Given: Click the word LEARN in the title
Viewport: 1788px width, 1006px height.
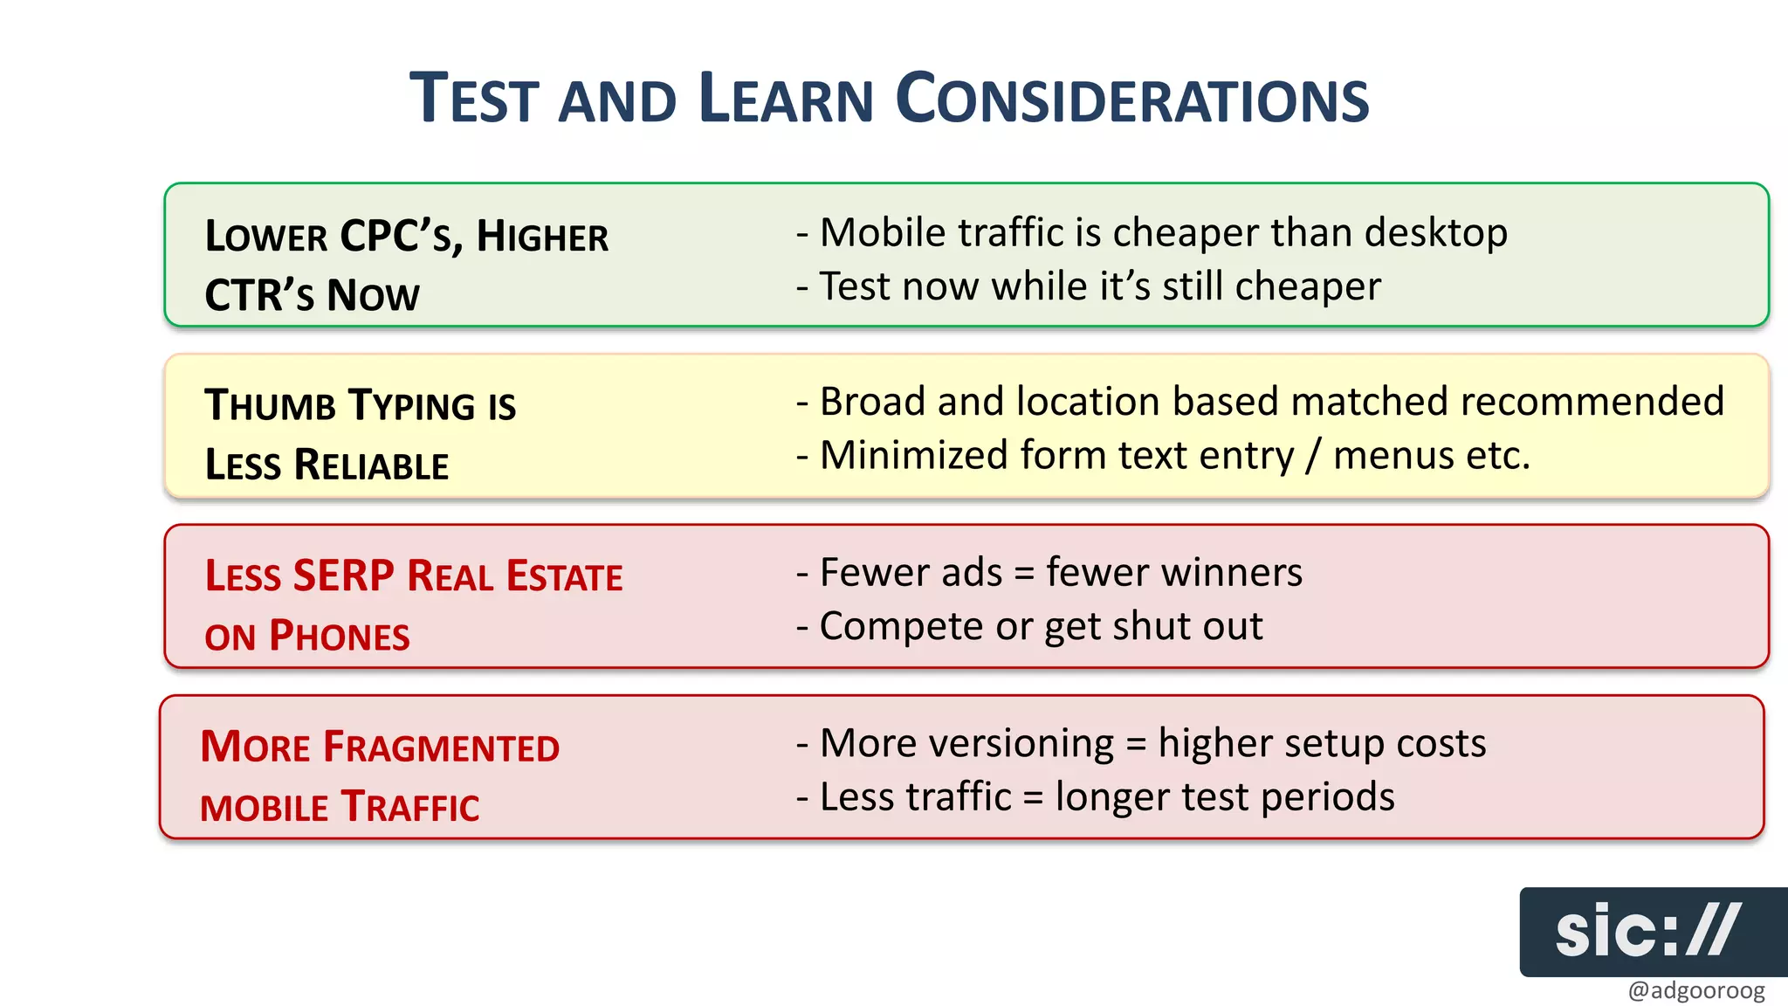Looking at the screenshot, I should tap(786, 99).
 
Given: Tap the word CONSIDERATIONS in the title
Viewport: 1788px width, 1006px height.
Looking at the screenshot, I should tap(1132, 99).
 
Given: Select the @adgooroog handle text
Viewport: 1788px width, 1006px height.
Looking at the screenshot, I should tap(1695, 990).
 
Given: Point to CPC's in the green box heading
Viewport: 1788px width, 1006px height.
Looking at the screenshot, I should tap(402, 237).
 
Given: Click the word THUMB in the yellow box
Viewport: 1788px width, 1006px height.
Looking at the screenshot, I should tap(270, 406).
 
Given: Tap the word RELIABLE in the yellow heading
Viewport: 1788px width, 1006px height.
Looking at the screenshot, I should tap(371, 465).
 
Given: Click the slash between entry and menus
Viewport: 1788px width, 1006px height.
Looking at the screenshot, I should tap(1313, 456).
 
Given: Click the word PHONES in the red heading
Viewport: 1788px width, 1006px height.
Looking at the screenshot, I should tap(339, 636).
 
